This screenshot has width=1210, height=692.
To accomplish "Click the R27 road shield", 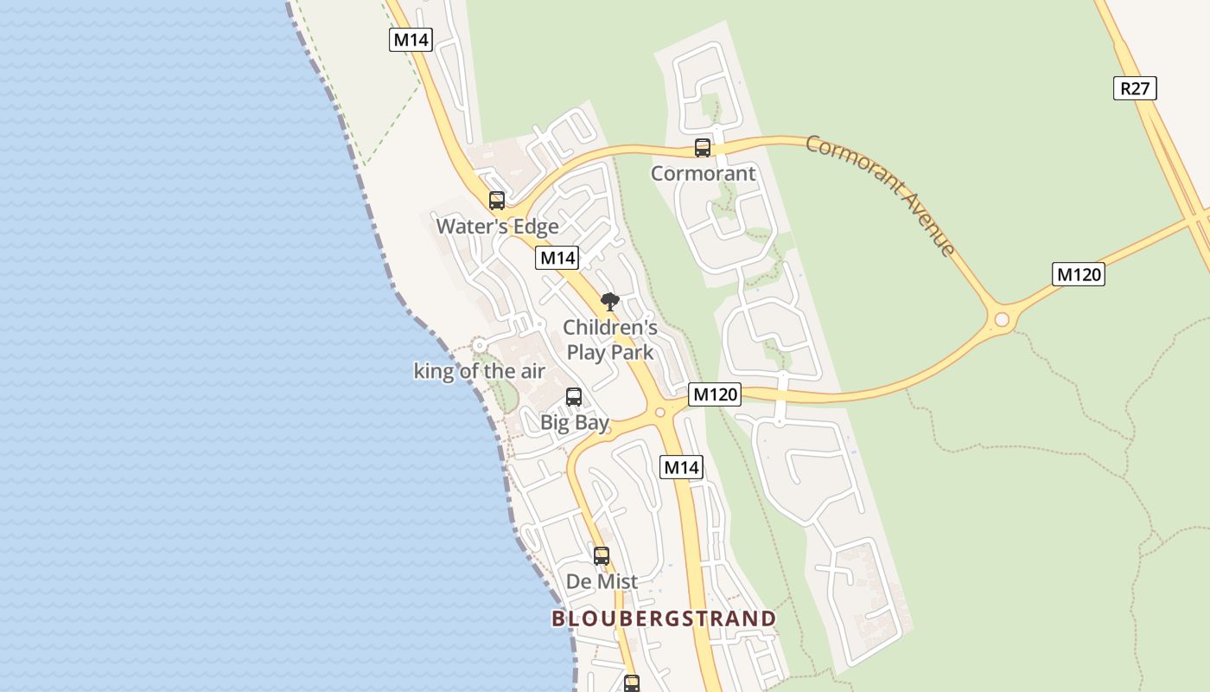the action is click(x=1135, y=87).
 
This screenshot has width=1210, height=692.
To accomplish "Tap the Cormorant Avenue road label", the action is click(x=881, y=195).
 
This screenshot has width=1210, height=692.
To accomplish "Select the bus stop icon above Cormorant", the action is click(x=703, y=148).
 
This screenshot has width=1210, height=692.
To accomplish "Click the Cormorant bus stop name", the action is click(x=703, y=173).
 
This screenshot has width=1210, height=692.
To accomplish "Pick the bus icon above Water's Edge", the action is click(x=497, y=201).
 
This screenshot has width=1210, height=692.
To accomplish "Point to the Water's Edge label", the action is click(x=497, y=227).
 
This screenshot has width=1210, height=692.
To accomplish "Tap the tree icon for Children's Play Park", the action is click(x=610, y=301).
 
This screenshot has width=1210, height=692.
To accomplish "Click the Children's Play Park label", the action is click(x=610, y=340).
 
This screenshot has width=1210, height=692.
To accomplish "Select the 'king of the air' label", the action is click(x=480, y=371).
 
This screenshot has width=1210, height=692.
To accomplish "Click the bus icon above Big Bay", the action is click(x=574, y=397).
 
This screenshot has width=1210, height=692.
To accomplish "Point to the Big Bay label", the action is click(x=575, y=423).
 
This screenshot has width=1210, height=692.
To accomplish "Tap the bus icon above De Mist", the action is click(x=602, y=555).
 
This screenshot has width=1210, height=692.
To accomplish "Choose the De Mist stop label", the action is click(x=602, y=581).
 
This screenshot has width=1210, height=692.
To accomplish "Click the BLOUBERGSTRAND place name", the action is click(x=664, y=618).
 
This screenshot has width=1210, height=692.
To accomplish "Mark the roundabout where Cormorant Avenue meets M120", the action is click(x=1002, y=320).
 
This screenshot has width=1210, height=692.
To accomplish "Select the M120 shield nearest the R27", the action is click(x=1079, y=274).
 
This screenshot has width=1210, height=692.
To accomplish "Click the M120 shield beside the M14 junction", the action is click(x=715, y=394).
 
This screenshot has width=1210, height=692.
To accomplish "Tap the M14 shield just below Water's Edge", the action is click(x=557, y=257).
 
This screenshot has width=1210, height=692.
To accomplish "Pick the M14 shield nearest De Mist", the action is click(x=681, y=467).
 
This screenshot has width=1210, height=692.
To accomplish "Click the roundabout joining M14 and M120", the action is click(x=661, y=412).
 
